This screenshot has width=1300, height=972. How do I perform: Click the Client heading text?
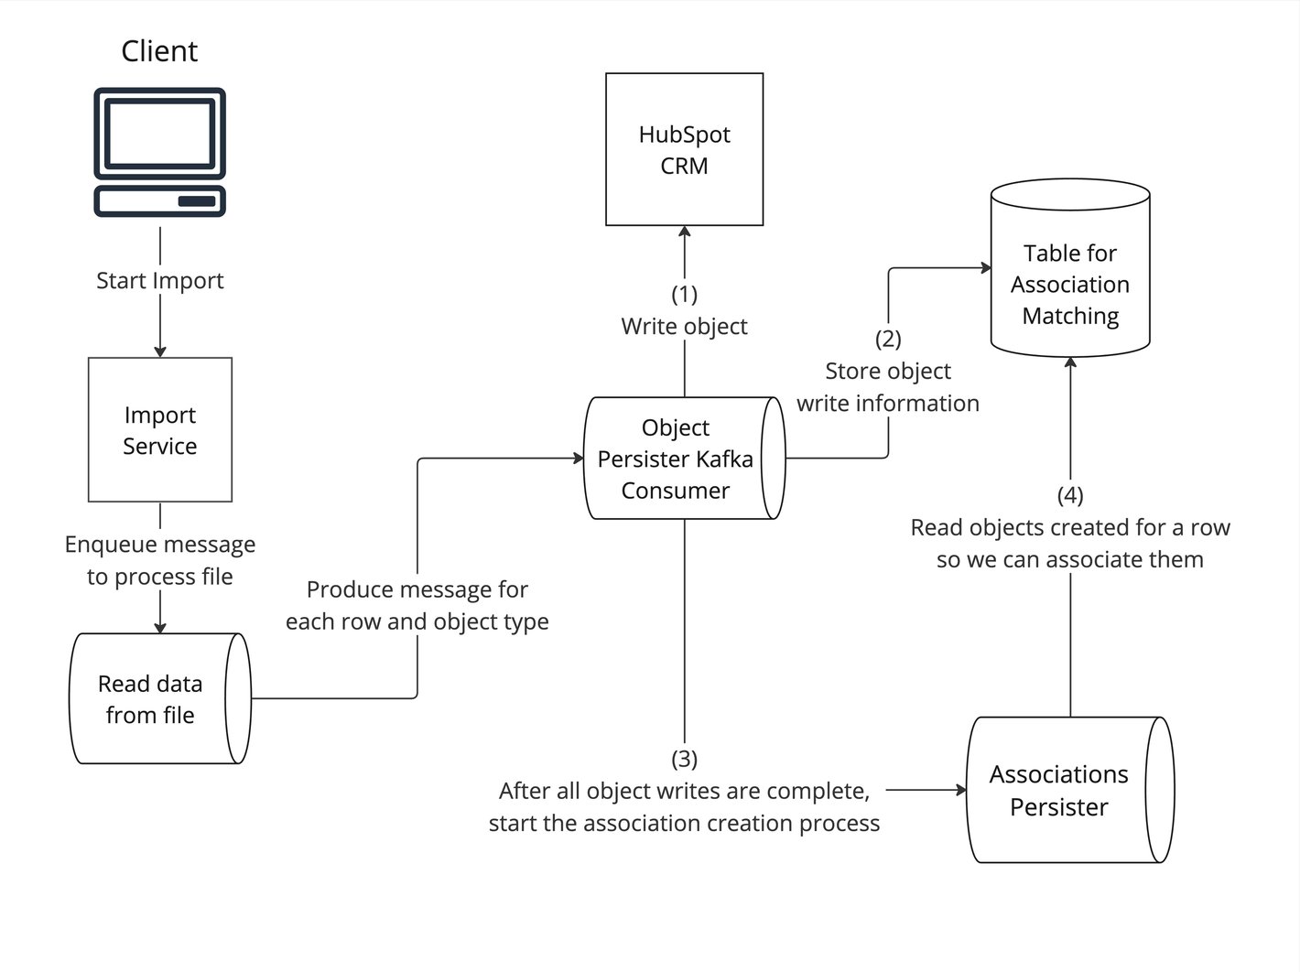159,51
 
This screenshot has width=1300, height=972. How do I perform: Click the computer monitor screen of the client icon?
160,133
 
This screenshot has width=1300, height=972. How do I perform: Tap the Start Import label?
159,281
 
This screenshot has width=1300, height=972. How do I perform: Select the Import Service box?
160,430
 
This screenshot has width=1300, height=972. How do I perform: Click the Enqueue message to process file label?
160,560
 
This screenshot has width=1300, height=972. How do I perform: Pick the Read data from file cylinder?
151,699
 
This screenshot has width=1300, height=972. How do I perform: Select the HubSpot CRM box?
685,149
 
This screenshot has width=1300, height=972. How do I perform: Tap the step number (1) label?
685,294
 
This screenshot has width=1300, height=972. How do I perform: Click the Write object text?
685,327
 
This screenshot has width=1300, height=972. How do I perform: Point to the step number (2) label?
888,339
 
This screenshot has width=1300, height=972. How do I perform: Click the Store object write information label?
888,387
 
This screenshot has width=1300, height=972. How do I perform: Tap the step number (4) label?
1070,495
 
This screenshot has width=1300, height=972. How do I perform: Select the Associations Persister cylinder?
1060,791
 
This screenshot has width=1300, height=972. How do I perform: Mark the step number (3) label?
685,759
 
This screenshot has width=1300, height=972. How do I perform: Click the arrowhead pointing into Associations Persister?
961,789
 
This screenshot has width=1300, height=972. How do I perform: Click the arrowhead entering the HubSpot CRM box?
685,232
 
